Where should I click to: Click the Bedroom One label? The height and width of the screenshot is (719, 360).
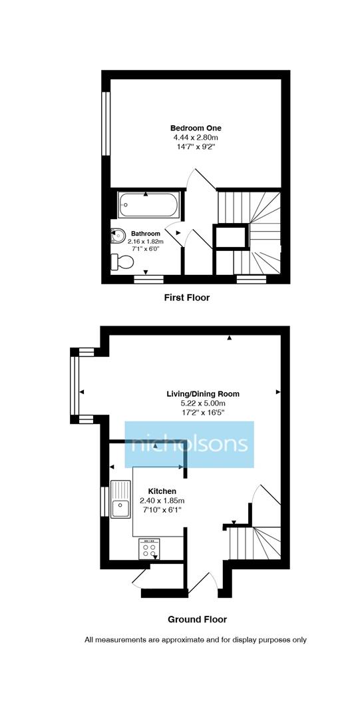196,128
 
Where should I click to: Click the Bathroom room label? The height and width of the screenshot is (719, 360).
145,234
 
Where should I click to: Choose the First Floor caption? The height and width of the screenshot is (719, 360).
187,298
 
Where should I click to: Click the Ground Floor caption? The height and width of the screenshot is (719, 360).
197,619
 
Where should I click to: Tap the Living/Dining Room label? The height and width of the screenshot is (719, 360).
203,393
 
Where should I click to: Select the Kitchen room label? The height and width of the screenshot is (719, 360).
162,491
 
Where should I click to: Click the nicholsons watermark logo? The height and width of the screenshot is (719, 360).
190,444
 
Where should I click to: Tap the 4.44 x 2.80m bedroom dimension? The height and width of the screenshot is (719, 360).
196,138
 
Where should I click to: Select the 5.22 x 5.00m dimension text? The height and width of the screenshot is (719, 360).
203,403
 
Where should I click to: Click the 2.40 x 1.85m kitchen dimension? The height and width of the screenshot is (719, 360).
162,501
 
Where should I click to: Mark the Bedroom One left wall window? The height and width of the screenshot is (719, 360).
105,123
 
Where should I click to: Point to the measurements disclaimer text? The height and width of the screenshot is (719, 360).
196,640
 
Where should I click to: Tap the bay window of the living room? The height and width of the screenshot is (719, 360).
75,386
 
